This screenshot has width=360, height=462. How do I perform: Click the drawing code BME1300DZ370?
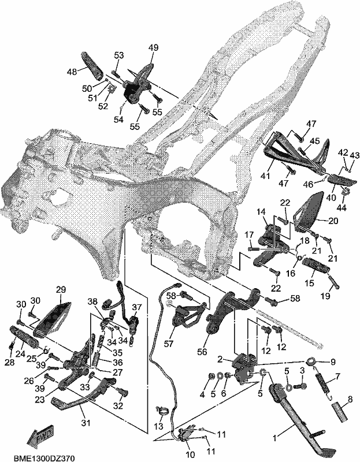pos(44,458)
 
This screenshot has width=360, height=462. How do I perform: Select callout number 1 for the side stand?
pos(275,438)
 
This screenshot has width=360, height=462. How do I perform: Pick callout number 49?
pos(153,47)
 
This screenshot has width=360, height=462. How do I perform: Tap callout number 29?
pos(61,289)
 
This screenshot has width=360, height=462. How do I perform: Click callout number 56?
pos(202,352)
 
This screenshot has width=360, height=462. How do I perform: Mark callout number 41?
pos(265,176)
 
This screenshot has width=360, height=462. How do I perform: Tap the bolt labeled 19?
pos(334,281)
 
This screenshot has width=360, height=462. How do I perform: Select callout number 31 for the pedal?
pos(86,423)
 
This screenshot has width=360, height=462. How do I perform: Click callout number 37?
pos(137,307)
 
